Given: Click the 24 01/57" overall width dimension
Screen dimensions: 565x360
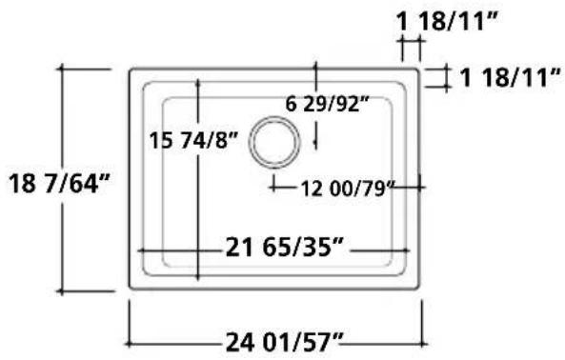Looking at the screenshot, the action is (x=284, y=342).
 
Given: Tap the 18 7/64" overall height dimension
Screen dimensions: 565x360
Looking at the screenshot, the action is (x=59, y=184).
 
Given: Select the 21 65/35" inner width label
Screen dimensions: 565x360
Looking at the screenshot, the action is (x=284, y=248).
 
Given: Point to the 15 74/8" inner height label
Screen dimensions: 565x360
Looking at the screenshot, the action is (x=193, y=140).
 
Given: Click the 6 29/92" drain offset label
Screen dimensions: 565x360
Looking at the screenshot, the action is (x=328, y=105).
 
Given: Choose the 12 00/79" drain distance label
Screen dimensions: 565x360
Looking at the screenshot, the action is (x=348, y=189).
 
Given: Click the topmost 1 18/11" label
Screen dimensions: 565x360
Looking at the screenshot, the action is (x=447, y=21).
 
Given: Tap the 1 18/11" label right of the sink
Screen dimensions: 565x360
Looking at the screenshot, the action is (x=511, y=77).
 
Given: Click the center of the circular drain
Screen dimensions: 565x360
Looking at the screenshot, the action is (x=274, y=142).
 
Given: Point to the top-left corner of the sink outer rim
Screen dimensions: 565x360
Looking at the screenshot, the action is (x=131, y=69).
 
